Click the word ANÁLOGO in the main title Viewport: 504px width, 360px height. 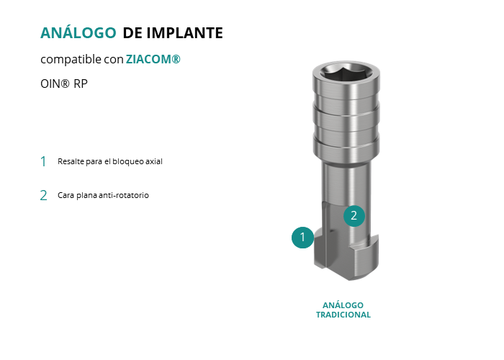pos(78,32)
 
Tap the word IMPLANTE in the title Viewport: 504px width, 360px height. pos(185,33)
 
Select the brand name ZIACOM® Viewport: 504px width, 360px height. pos(153,59)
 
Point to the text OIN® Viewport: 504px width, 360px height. pos(55,84)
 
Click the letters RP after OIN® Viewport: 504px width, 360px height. pos(81,84)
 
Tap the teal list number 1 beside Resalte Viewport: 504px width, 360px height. pos(43,161)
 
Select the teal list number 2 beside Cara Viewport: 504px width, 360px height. pos(43,195)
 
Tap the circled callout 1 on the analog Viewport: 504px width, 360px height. pos(302,238)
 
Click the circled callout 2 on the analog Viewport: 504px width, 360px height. pos(354,216)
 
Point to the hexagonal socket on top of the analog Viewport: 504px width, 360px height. pos(346,71)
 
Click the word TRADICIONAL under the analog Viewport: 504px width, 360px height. pos(343,315)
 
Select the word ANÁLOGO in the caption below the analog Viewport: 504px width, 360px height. pos(343,305)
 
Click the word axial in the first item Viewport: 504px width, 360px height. pos(154,161)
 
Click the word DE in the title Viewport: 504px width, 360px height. pos(132,33)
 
